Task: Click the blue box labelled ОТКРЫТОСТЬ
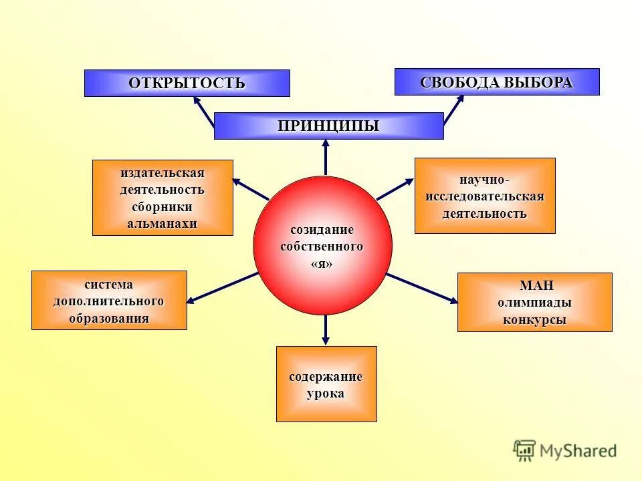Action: (187, 84)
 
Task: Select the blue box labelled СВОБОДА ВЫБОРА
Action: (496, 82)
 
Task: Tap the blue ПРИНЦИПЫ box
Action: (328, 126)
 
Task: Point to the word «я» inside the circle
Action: (322, 264)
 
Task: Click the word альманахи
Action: (163, 224)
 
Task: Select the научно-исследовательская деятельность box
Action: (485, 196)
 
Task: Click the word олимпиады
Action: (534, 303)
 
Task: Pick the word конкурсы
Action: (534, 320)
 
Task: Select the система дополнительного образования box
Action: (109, 301)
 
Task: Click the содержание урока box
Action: (326, 384)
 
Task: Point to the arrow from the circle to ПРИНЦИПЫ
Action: (326, 158)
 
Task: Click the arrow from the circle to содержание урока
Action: (326, 329)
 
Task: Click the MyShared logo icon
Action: (524, 450)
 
